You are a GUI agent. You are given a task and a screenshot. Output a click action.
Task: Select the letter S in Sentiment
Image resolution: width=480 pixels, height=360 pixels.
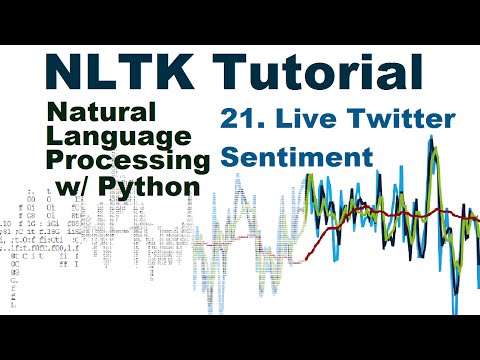point(231,157)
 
